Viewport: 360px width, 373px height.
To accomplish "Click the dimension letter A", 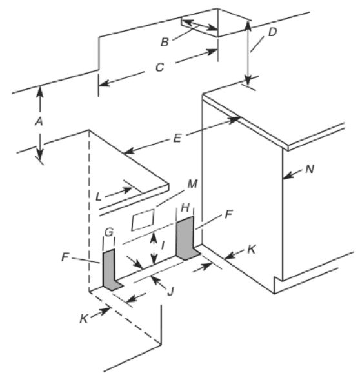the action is click(39, 121).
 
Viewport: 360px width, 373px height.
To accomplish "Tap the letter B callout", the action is click(165, 42).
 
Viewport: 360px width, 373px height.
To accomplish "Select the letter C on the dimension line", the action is click(160, 67).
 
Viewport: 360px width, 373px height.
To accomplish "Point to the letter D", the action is click(272, 32).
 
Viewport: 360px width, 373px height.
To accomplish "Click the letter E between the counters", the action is click(177, 138).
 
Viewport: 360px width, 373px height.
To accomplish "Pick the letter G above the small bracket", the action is click(109, 232).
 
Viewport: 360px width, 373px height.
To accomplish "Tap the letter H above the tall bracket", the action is click(185, 208).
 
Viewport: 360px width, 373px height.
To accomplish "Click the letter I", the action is click(163, 245).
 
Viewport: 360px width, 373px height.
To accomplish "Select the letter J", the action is click(171, 291).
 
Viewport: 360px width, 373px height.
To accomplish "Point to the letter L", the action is click(99, 197).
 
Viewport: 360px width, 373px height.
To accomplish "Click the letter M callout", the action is click(192, 184).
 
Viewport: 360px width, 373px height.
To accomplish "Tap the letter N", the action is click(309, 169).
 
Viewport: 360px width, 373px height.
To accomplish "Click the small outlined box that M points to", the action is click(143, 220).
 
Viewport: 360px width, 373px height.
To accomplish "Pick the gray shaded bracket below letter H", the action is click(187, 239).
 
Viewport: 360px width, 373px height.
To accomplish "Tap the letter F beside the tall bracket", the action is click(228, 214).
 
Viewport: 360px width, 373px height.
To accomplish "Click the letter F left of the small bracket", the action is click(65, 257).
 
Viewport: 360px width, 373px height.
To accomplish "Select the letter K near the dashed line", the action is click(84, 319).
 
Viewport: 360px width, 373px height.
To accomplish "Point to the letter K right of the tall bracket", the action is click(251, 250).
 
